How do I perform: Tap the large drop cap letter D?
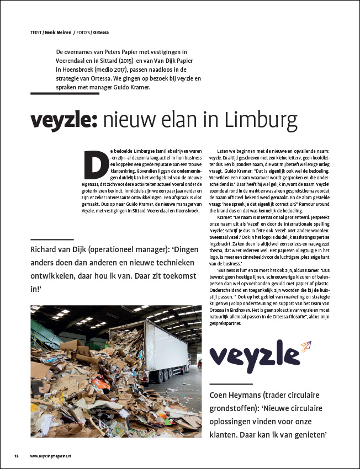coord(96,161)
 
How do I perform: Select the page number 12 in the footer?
coord(17,456)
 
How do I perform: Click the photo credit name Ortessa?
coord(99,31)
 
